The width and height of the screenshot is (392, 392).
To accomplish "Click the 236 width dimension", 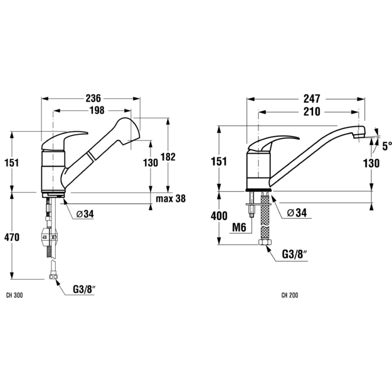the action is (93, 98).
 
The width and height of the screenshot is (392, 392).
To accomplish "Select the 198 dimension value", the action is (97, 110).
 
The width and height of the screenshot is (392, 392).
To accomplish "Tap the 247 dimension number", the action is (312, 98).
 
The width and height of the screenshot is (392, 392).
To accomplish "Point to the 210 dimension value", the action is (312, 112).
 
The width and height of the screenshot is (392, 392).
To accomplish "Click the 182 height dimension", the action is (168, 157).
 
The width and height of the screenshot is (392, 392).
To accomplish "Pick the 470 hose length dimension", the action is (12, 237).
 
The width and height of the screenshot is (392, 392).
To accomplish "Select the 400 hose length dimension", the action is (219, 216).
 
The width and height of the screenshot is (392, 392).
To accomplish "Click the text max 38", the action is (171, 199).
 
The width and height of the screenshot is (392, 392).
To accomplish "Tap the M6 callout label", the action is (239, 228).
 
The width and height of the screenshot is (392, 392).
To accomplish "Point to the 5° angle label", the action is (387, 146).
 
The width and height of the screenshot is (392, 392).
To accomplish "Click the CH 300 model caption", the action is (14, 295).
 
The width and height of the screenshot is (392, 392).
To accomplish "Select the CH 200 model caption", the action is (290, 295).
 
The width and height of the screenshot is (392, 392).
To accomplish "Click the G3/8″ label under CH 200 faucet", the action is (294, 255).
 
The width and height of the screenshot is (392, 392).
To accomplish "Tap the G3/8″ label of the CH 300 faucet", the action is (85, 290).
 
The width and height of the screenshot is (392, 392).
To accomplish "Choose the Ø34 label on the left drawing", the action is (85, 214).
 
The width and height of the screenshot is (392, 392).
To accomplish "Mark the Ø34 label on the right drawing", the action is (297, 213).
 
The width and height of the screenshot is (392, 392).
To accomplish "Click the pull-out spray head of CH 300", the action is (126, 130).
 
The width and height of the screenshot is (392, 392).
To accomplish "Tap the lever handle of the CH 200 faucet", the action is (273, 144).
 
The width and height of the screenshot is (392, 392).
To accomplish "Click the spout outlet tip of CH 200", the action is (359, 135).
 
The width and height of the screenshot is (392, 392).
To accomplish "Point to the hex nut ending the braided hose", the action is (265, 242).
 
